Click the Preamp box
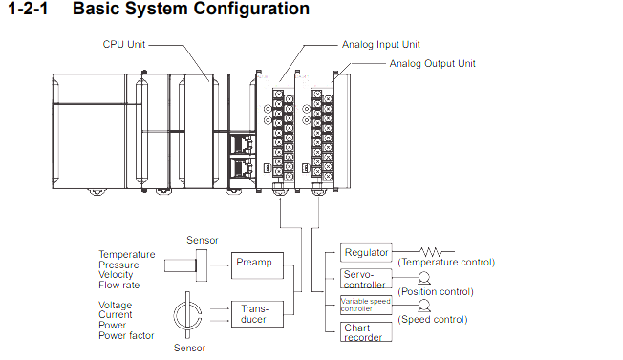click(x=257, y=265)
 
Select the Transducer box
click(x=257, y=314)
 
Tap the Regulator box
click(x=366, y=252)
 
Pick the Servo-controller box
click(x=366, y=279)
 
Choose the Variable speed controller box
click(x=366, y=305)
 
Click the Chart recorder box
click(x=366, y=331)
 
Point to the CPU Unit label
click(x=124, y=44)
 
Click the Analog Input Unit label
click(x=380, y=45)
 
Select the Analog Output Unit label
click(x=432, y=64)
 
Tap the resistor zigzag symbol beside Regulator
click(x=431, y=252)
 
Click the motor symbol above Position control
click(x=424, y=278)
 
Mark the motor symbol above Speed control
click(x=424, y=306)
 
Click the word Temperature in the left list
click(x=127, y=254)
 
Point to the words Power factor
click(x=126, y=335)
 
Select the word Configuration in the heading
click(x=242, y=9)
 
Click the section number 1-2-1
click(x=28, y=9)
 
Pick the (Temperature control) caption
click(x=446, y=262)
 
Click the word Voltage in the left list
click(x=116, y=305)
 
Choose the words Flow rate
click(x=118, y=285)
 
